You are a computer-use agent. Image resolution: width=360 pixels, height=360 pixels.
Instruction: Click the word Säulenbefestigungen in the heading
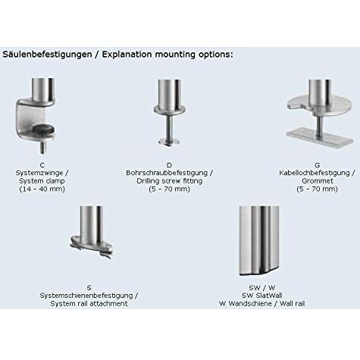pyautogui.click(x=47, y=55)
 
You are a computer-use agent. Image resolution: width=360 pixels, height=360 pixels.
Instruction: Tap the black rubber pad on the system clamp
pyautogui.click(x=42, y=129)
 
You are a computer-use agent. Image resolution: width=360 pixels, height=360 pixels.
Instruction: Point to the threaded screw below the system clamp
pyautogui.click(x=42, y=147)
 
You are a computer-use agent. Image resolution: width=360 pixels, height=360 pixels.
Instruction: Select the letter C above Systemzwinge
pyautogui.click(x=42, y=165)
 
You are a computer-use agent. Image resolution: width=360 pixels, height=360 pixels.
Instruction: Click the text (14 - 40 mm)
pyautogui.click(x=42, y=189)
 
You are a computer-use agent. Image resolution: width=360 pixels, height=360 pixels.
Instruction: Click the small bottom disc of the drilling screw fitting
pyautogui.click(x=169, y=142)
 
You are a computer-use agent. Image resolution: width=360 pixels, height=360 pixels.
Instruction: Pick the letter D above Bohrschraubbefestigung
pyautogui.click(x=169, y=165)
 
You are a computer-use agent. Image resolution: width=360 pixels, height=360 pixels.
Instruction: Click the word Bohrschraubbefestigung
pyautogui.click(x=167, y=173)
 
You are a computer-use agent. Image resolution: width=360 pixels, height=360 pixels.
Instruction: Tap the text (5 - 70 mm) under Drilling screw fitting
pyautogui.click(x=169, y=189)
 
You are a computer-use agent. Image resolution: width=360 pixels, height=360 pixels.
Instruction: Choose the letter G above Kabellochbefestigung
pyautogui.click(x=318, y=165)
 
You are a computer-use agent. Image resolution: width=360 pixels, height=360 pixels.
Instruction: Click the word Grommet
pyautogui.click(x=318, y=181)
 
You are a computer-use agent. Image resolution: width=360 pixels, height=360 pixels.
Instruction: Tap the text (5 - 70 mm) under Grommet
pyautogui.click(x=318, y=189)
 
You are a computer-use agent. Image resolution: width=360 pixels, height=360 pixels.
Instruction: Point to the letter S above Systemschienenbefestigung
pyautogui.click(x=89, y=288)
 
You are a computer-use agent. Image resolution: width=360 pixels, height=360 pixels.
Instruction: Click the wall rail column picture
pyautogui.click(x=259, y=241)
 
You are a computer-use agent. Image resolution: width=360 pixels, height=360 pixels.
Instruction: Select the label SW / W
pyautogui.click(x=262, y=288)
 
